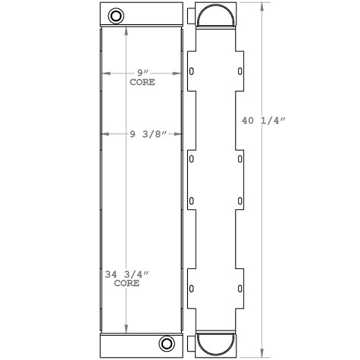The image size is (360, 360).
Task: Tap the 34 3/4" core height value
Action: [125, 274]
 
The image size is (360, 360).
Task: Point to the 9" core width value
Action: [141, 73]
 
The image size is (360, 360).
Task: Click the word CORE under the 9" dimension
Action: [142, 82]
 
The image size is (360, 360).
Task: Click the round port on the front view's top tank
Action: [115, 15]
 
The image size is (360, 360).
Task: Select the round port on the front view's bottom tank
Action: [167, 342]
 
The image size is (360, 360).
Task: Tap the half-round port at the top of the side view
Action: [216, 16]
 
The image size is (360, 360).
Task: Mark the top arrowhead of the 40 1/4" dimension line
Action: [262, 7]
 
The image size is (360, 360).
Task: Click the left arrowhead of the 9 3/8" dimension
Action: [104, 134]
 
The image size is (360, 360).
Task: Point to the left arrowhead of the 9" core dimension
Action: [105, 73]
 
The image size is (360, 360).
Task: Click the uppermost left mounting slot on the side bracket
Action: [191, 72]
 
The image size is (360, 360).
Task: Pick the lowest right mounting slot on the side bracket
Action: [240, 289]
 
